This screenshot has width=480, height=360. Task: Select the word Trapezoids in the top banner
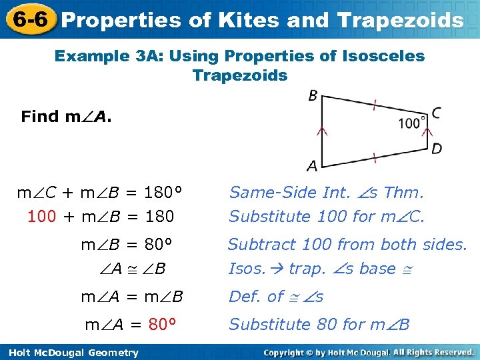tap(400, 20)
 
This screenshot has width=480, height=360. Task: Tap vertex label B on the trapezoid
tap(313, 97)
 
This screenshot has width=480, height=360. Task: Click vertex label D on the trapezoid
tap(436, 148)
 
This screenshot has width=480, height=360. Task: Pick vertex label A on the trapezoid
tap(312, 165)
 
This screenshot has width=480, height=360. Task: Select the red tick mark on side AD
tap(375, 157)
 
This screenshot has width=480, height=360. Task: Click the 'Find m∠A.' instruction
tap(67, 117)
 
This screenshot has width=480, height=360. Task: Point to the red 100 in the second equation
tap(41, 217)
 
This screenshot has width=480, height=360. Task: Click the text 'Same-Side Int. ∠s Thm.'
tap(326, 193)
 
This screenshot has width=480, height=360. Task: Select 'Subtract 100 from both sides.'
tap(347, 245)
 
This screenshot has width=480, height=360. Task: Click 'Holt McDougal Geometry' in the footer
tap(71, 353)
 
